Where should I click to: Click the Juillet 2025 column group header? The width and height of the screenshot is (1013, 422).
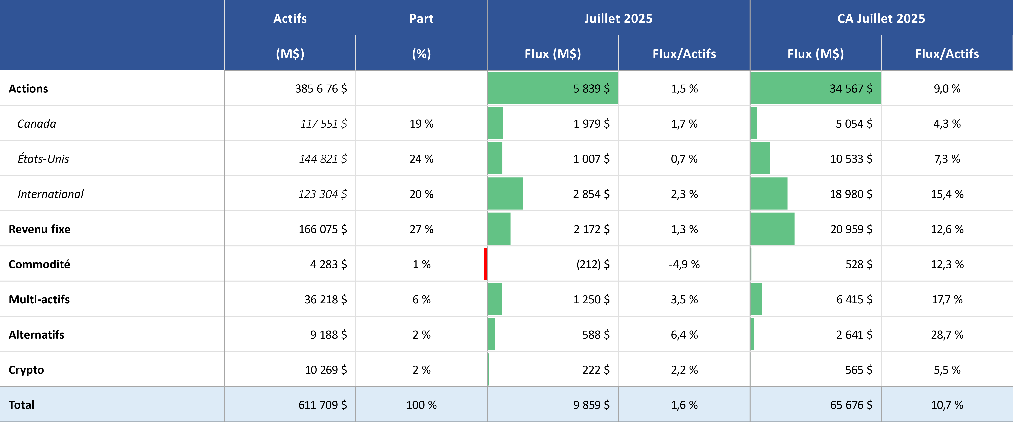618,19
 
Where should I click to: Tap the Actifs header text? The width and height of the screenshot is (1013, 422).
290,19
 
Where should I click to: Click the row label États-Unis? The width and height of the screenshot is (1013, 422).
43,159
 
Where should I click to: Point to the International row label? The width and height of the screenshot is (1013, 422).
50,194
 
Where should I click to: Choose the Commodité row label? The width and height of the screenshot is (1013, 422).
39,264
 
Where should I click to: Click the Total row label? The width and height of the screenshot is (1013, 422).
22,405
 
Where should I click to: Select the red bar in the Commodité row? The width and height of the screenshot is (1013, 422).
486,264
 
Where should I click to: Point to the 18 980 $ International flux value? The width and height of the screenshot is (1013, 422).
851,194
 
